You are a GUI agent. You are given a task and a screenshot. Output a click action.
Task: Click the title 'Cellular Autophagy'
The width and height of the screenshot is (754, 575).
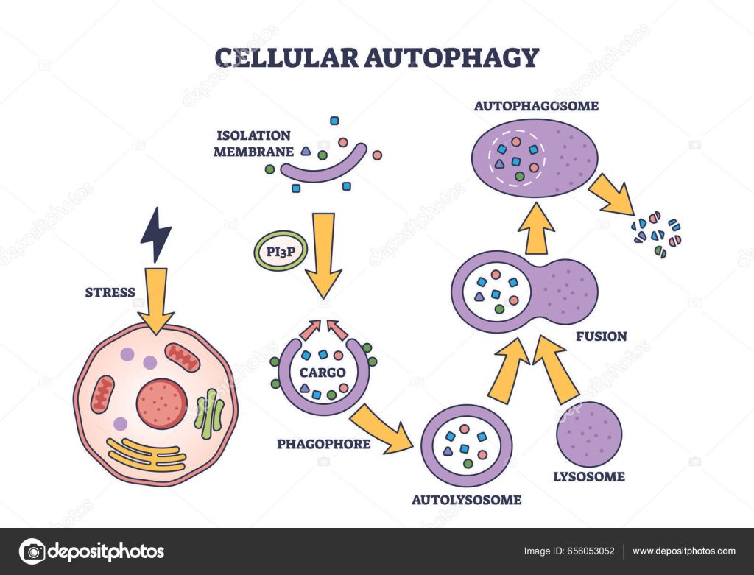[x=376, y=57]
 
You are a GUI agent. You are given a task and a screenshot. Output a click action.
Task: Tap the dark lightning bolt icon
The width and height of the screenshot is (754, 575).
[x=156, y=234]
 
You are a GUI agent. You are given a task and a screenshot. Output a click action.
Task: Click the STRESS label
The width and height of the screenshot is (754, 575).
[x=110, y=292]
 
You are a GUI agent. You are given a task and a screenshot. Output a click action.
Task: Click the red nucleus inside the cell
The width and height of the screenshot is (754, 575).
[x=161, y=403]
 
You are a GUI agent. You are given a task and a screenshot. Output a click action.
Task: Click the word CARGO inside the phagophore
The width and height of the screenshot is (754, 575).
[x=323, y=373]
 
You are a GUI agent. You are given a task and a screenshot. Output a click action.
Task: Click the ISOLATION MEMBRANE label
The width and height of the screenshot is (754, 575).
[x=253, y=144]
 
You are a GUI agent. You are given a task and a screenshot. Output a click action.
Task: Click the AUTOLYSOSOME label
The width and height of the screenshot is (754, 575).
[x=468, y=500]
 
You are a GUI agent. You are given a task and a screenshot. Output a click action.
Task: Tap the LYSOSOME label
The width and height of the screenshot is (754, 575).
[x=588, y=476]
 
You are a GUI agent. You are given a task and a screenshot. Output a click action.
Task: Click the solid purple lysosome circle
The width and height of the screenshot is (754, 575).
[x=589, y=434]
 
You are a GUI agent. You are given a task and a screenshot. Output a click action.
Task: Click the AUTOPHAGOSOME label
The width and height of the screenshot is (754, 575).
[x=536, y=106]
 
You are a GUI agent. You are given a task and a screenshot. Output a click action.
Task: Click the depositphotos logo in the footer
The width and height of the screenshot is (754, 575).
[x=91, y=551]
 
